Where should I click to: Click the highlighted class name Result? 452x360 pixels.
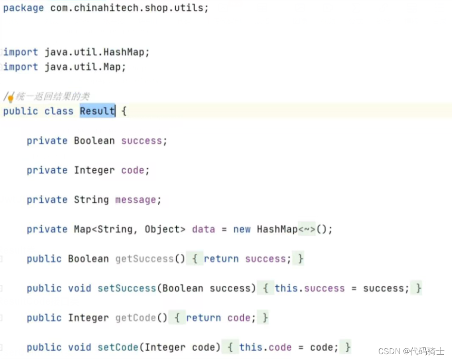97,111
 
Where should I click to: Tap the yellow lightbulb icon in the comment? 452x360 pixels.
10,98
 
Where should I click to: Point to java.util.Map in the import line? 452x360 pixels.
85,67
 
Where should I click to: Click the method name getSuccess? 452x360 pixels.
144,259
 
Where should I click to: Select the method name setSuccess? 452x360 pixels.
127,289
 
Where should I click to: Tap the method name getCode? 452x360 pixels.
135,318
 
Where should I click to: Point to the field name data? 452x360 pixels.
203,229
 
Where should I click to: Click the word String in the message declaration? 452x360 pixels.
91,200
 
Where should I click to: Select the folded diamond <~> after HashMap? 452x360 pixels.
307,229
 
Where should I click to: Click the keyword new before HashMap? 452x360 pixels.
242,229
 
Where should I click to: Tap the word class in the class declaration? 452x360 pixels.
59,111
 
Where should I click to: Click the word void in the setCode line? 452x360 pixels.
80,348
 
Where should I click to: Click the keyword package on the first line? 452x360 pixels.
23,8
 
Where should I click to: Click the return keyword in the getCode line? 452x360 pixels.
203,318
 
